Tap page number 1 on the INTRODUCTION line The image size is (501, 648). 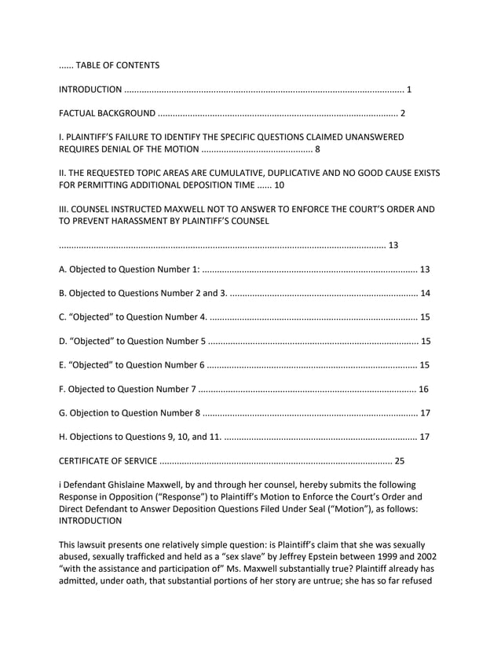pos(409,89)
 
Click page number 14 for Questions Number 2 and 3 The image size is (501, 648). pos(425,294)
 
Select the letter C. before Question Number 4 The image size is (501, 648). pos(63,317)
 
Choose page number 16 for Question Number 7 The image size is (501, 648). pos(423,389)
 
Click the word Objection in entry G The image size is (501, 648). pos(93,412)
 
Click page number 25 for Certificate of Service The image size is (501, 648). pos(400,460)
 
